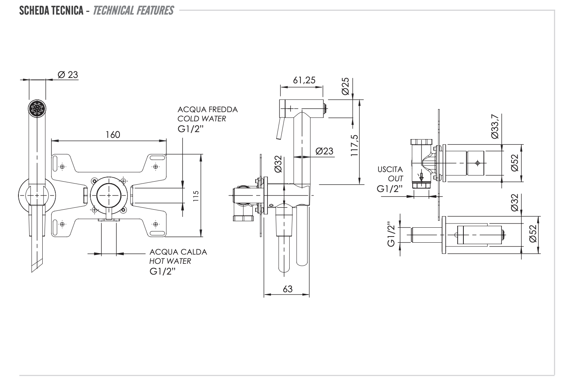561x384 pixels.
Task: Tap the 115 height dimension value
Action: [x=196, y=198]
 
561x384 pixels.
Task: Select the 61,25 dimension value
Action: [x=304, y=80]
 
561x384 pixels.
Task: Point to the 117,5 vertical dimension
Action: [x=354, y=145]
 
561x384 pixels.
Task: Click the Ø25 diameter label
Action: [x=345, y=86]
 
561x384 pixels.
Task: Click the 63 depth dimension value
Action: [x=287, y=289]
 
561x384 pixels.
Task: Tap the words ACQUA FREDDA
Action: [x=207, y=109]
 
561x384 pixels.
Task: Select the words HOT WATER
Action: [x=170, y=261]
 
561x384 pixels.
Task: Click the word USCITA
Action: [x=390, y=169]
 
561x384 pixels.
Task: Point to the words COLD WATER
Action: [x=201, y=119]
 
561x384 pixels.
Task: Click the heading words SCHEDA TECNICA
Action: [x=51, y=10]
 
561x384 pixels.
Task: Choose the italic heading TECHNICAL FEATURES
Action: [x=133, y=10]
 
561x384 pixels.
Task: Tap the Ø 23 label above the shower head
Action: [x=68, y=74]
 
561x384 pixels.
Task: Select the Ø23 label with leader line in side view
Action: [x=324, y=151]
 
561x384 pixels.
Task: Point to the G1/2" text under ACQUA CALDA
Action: [x=163, y=271]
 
